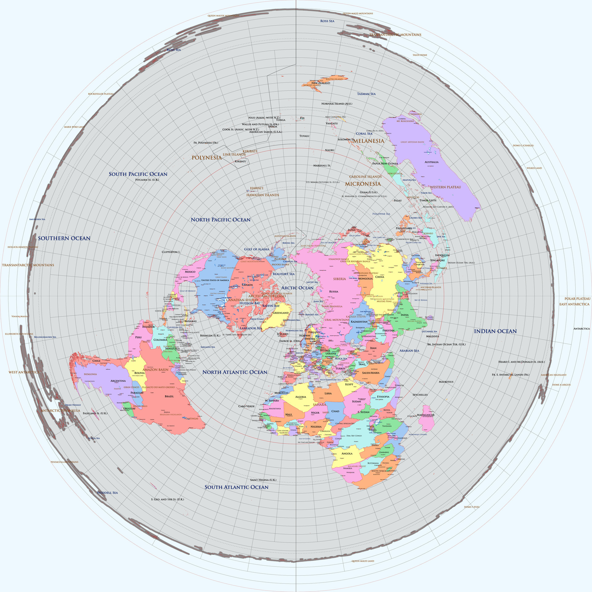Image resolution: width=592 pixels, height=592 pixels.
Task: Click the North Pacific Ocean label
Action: pos(220,220)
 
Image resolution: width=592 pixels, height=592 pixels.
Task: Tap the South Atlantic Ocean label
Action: pos(236,487)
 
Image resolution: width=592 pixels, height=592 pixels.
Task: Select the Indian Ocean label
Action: pos(495,331)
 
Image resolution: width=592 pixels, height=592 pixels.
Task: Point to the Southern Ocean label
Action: pos(64,238)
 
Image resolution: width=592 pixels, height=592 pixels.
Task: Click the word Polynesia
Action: pos(207,158)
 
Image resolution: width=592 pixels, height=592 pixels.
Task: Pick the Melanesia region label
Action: pos(369,141)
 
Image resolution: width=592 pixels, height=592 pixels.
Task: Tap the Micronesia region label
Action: pos(363,184)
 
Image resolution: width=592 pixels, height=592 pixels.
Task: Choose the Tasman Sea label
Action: pos(366,94)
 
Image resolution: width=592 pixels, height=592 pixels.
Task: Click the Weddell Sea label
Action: pos(107,493)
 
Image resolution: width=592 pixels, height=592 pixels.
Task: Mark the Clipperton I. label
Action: pos(171,252)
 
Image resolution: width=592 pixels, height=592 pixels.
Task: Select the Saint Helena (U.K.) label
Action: pos(263,480)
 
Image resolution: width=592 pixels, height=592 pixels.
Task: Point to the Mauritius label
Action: pos(446,382)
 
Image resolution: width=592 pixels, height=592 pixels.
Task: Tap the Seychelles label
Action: pos(420,395)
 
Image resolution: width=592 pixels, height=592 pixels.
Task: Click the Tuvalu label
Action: pos(304,136)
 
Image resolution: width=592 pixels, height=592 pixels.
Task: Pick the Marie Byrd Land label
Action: pos(74,127)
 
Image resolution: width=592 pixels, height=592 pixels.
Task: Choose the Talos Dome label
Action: pos(420,55)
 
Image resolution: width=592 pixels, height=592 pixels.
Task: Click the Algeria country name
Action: pos(301,397)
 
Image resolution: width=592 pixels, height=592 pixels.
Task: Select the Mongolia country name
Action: pos(365,278)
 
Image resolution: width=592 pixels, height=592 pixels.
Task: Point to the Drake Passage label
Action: pos(73,405)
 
